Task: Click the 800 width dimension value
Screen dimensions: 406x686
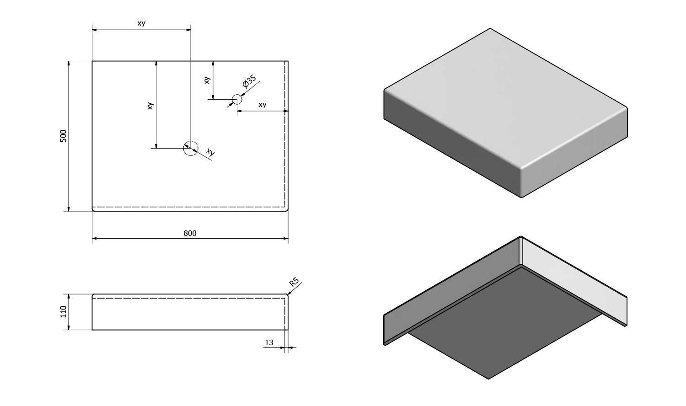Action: [x=190, y=233]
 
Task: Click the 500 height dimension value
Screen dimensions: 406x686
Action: [x=64, y=136]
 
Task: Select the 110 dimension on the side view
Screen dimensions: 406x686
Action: [x=64, y=312]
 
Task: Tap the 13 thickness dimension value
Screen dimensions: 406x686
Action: [x=269, y=342]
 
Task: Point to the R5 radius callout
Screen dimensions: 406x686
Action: [x=294, y=282]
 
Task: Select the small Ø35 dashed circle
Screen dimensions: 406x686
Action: [x=236, y=99]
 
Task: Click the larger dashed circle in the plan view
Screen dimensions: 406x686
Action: [x=191, y=148]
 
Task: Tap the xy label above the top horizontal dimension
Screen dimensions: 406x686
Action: [x=141, y=23]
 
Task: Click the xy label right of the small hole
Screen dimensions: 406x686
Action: [x=262, y=105]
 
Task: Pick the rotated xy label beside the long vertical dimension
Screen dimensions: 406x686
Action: [x=150, y=106]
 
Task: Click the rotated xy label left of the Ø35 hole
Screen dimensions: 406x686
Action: [x=207, y=80]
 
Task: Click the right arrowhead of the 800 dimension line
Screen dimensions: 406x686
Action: [x=285, y=239]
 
